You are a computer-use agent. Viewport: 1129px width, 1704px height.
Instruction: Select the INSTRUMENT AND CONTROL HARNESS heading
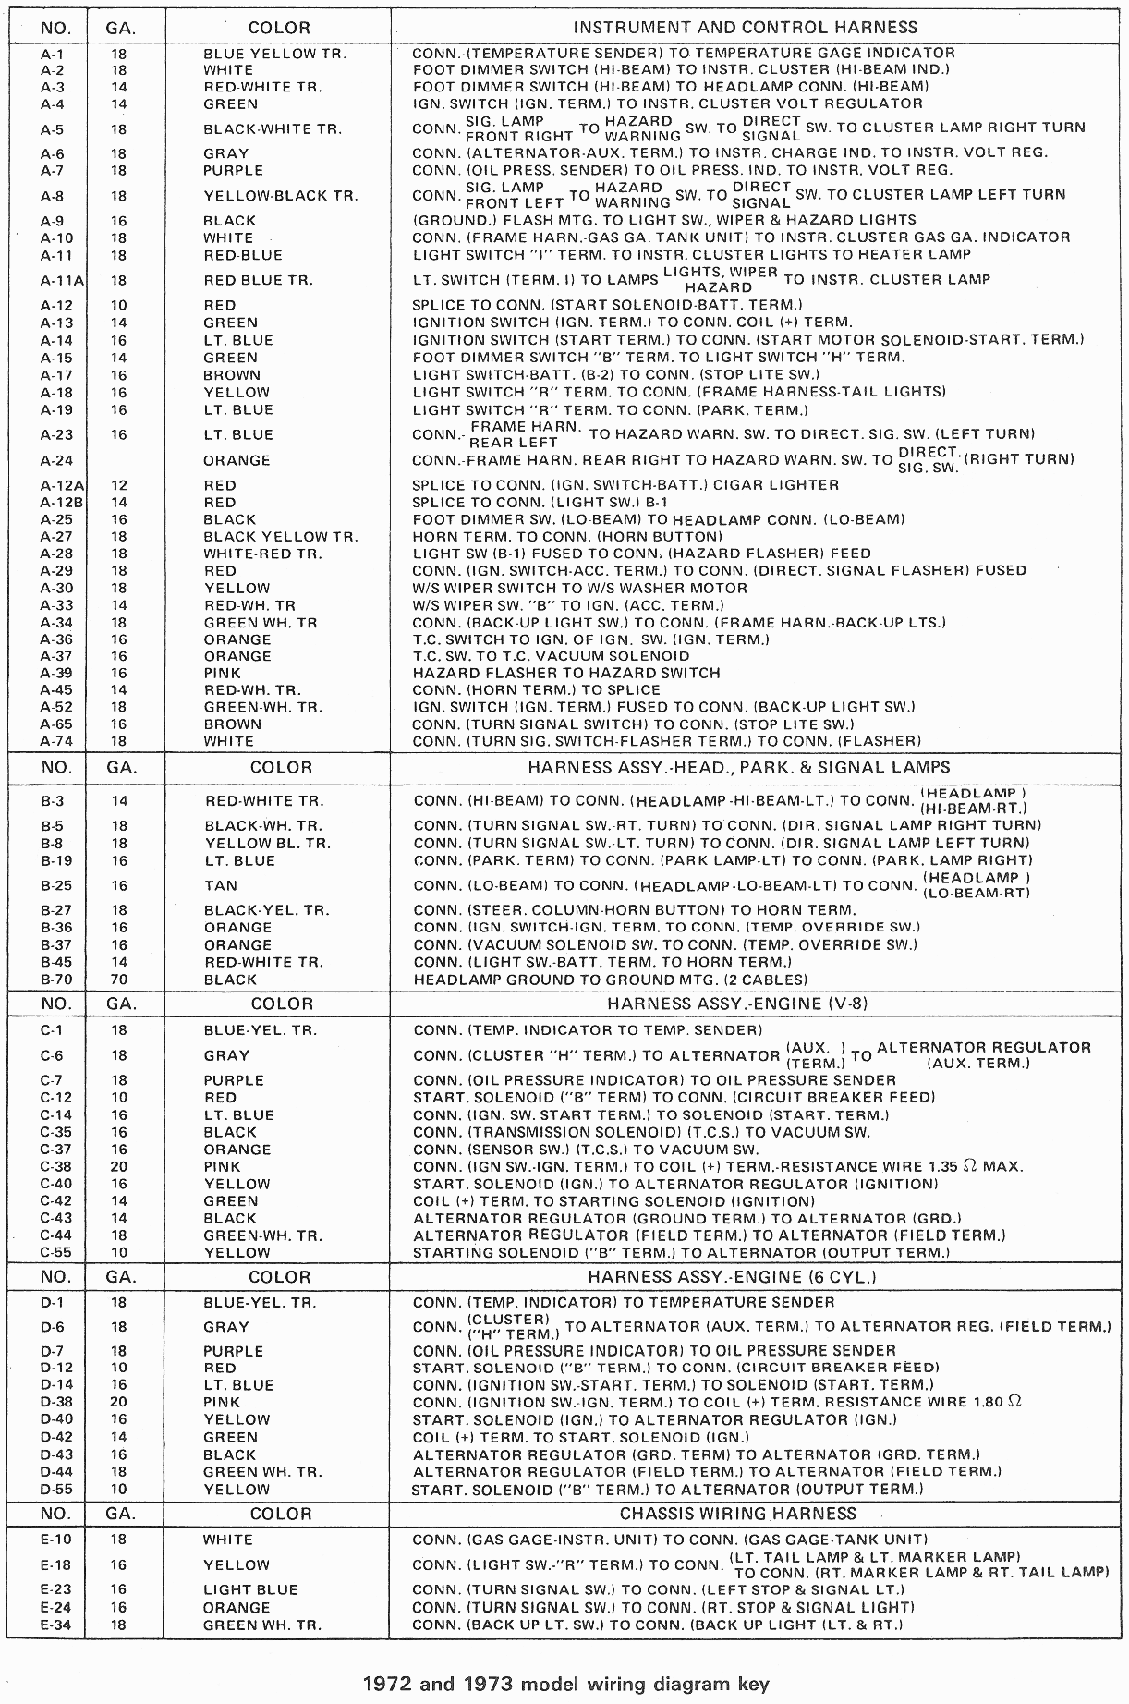tap(745, 27)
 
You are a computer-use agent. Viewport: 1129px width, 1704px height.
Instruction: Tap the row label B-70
tap(52, 980)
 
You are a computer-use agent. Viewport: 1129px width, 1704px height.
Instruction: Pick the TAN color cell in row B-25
tap(221, 885)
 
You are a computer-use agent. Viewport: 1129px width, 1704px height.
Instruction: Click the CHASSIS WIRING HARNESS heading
tap(737, 1514)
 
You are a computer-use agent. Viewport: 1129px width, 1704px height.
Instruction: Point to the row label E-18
tap(56, 1564)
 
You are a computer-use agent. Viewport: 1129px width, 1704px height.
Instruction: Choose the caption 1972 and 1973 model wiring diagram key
tap(564, 1684)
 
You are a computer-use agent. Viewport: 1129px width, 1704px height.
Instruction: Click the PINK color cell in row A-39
tap(222, 674)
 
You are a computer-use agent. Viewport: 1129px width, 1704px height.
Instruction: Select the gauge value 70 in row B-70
tap(118, 980)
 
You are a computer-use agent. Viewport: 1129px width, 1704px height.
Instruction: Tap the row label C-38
tap(55, 1166)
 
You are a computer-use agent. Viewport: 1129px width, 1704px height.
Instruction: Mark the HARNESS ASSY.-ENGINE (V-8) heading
tap(737, 1004)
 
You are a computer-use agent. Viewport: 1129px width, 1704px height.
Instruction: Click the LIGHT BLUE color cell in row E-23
tap(250, 1589)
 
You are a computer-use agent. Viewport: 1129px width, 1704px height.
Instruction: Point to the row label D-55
tap(55, 1489)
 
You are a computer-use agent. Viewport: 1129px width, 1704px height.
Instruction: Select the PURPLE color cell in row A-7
tap(233, 170)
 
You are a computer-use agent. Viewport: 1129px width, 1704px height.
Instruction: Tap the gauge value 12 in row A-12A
tap(118, 485)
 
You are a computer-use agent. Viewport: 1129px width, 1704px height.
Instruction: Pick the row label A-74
tap(55, 741)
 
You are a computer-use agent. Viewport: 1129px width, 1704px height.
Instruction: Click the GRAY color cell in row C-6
tap(226, 1055)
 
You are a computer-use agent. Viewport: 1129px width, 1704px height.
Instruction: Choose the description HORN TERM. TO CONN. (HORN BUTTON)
tap(567, 536)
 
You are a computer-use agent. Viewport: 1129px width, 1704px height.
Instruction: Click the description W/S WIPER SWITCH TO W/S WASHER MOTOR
tap(579, 588)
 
